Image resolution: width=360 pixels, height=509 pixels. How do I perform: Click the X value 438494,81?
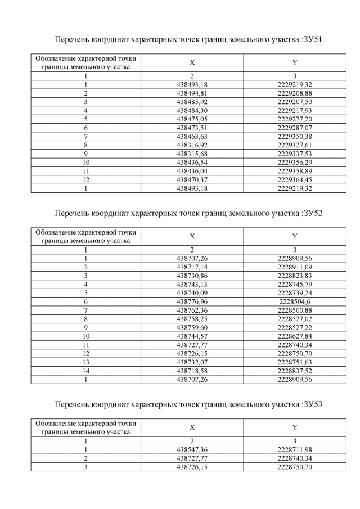(192, 92)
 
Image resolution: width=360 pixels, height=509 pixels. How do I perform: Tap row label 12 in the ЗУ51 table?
(86, 179)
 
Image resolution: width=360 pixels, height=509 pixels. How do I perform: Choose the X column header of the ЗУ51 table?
(192, 62)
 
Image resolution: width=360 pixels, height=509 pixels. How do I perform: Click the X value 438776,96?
(192, 301)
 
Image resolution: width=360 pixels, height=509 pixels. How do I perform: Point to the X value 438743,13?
(192, 284)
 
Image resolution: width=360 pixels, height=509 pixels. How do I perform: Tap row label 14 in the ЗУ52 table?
(86, 371)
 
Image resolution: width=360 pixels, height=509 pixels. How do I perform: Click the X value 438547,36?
(192, 449)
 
